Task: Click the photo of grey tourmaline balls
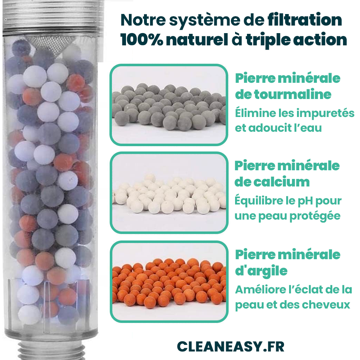pos(169,105)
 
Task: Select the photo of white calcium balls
pos(169,193)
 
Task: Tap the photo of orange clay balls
pos(169,281)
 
